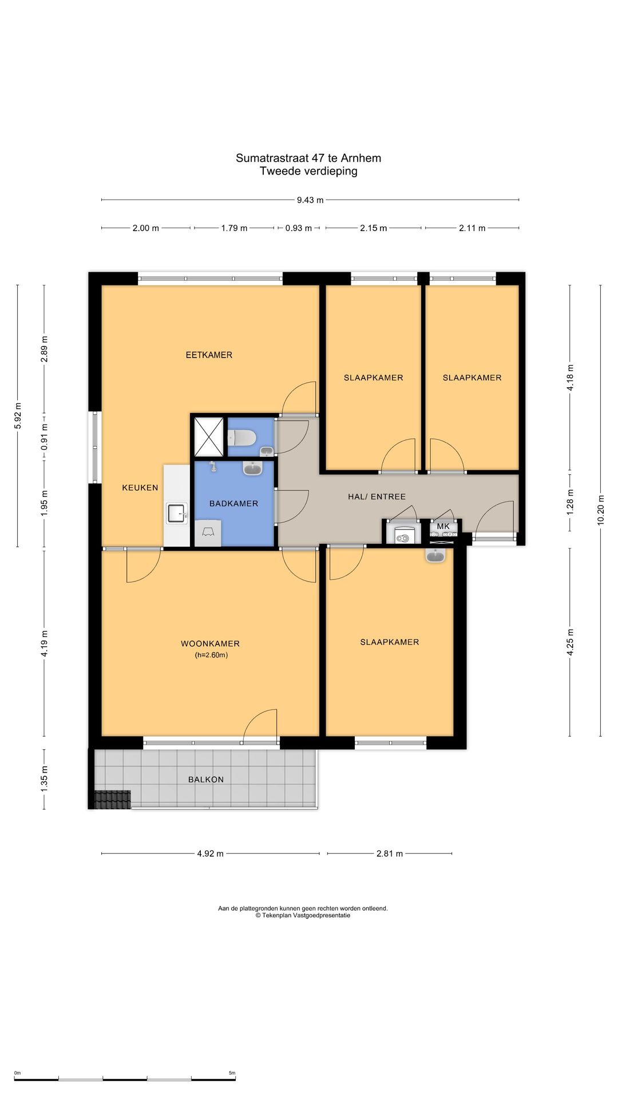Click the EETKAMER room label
point(209,355)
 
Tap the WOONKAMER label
point(210,643)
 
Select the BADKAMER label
point(233,504)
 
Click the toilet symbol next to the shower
point(242,438)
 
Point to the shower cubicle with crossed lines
point(208,437)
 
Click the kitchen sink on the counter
point(177,513)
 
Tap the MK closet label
point(443,526)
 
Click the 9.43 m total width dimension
point(310,200)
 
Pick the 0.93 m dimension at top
point(298,228)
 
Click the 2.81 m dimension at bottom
point(389,853)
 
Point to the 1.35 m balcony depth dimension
point(44,779)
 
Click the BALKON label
point(206,779)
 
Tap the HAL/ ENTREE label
point(377,497)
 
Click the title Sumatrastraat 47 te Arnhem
point(308,158)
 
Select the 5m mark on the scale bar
point(232,1073)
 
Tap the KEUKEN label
point(140,488)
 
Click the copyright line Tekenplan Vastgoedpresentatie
point(303,915)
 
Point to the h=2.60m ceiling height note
point(211,655)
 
